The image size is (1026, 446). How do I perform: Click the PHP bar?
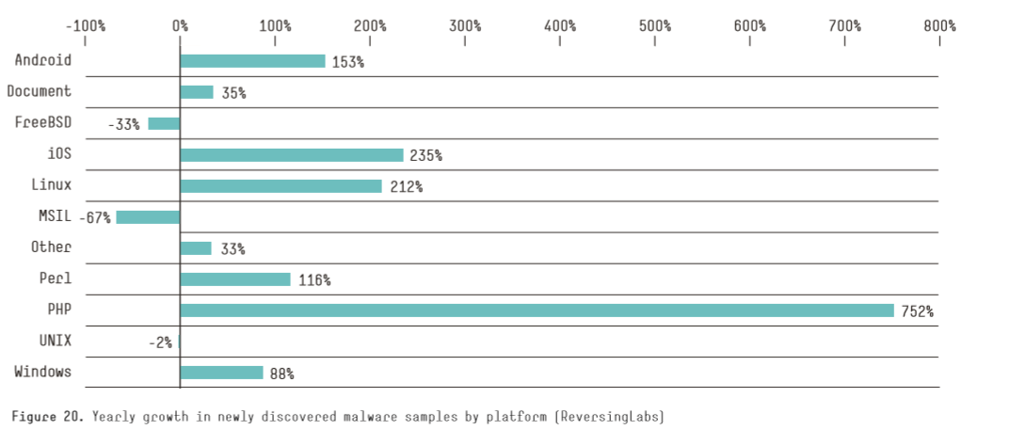537,311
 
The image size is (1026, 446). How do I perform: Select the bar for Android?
252,61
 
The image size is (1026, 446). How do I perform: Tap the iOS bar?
291,155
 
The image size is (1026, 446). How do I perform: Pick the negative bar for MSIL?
148,217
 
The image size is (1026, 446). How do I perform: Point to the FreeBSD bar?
164,123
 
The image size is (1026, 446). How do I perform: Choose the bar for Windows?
221,373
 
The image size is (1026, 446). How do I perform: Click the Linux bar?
281,186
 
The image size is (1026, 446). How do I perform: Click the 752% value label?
917,311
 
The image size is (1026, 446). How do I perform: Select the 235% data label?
425,155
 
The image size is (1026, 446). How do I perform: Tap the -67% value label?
96,217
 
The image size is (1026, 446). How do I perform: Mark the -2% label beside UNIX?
160,342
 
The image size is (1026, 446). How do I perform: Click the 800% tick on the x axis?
939,25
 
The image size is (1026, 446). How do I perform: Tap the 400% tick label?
560,25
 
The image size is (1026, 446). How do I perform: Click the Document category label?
39,91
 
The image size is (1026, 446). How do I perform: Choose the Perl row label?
55,279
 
